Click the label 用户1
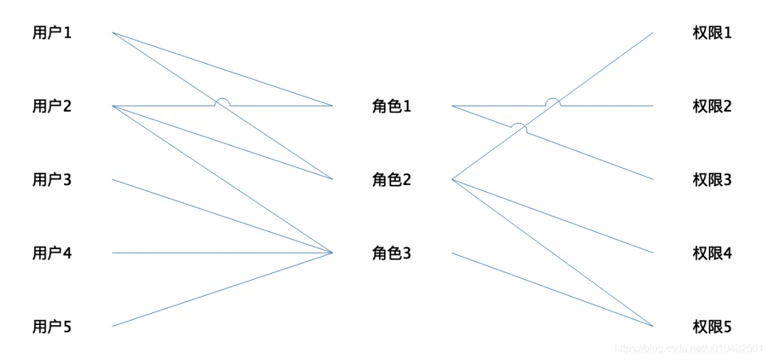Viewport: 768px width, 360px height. click(x=52, y=33)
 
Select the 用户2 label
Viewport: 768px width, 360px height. click(x=52, y=107)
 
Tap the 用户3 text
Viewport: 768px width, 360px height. click(x=52, y=180)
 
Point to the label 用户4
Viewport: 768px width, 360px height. click(x=52, y=253)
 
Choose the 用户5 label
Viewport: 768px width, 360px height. click(x=52, y=327)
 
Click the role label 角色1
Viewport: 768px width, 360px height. click(x=391, y=107)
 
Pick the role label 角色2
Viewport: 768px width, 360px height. click(x=391, y=180)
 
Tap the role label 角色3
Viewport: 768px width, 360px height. click(x=391, y=253)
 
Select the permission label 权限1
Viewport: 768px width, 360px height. click(x=712, y=33)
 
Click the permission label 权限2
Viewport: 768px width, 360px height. click(x=712, y=107)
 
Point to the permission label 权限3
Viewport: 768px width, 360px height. click(x=712, y=180)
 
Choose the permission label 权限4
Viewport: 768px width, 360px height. click(x=712, y=253)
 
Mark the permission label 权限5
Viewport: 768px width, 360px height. click(x=712, y=327)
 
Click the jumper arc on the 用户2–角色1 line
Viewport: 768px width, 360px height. click(x=223, y=100)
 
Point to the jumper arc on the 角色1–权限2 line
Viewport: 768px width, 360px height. click(x=553, y=100)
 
